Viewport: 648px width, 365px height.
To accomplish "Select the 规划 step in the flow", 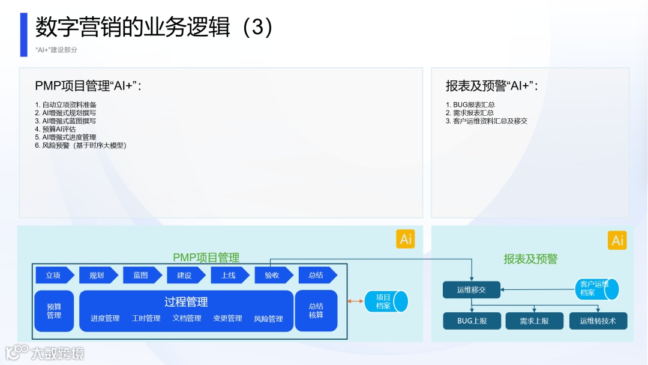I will [x=97, y=275].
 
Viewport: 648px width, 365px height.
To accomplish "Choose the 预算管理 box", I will [x=54, y=311].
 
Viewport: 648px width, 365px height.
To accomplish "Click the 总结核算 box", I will [x=316, y=311].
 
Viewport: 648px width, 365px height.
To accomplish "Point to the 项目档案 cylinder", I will [x=386, y=301].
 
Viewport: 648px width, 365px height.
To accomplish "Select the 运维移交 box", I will [x=472, y=290].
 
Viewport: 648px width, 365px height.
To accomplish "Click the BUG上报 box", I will [x=472, y=321].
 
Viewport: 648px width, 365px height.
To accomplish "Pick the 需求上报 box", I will [x=535, y=321].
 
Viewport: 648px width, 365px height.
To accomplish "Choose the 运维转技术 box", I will [x=598, y=321].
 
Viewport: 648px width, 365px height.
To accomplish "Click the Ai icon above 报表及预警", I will [x=617, y=241].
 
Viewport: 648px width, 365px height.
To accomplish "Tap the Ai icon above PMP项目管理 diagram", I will [x=406, y=239].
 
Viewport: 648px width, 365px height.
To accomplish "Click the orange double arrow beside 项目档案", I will [x=356, y=301].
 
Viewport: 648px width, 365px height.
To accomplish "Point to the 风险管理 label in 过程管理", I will [x=268, y=319].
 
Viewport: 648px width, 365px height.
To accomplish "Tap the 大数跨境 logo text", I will [x=58, y=353].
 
